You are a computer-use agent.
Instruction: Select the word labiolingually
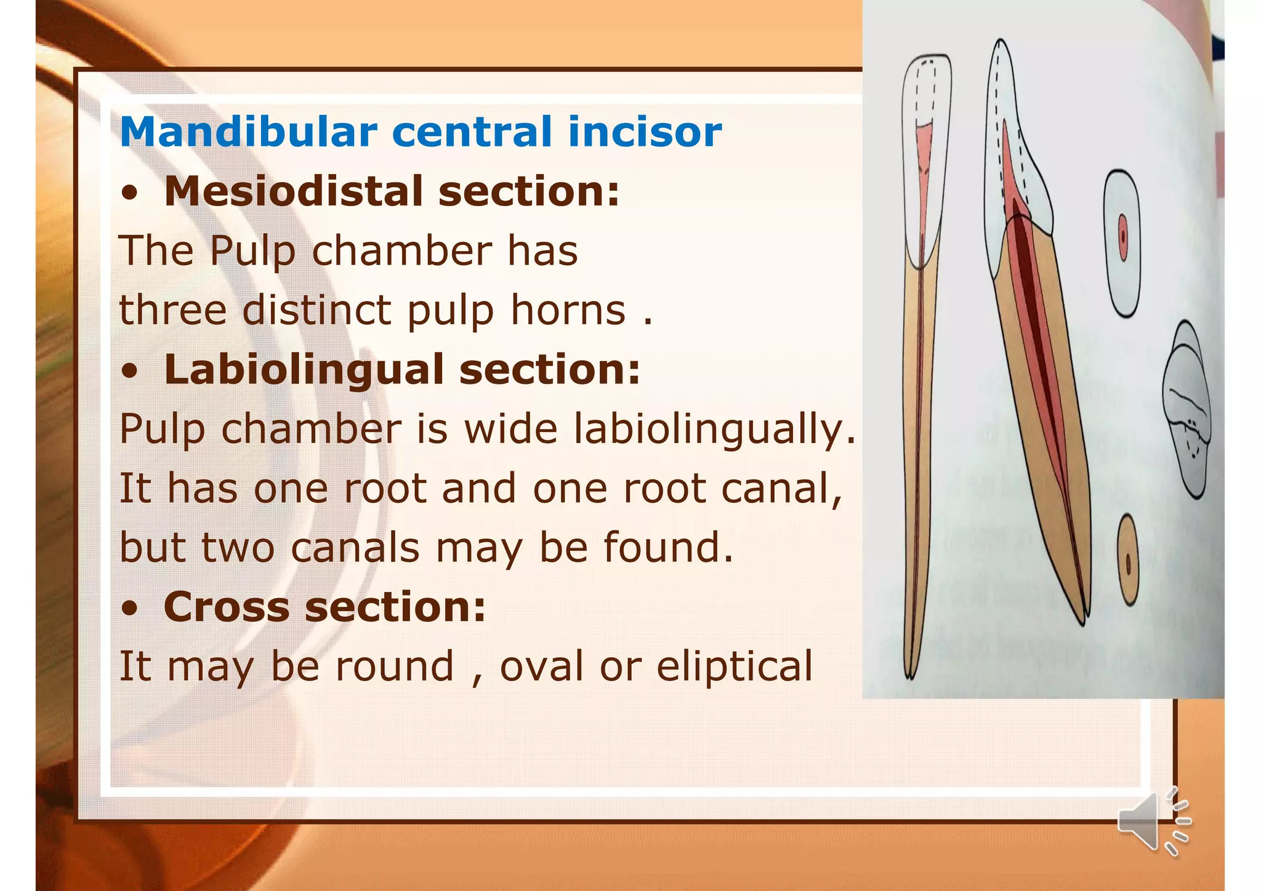714,428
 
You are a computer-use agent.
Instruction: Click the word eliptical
734,666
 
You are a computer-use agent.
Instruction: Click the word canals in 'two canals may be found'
355,548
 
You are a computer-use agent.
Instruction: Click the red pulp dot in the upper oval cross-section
1122,237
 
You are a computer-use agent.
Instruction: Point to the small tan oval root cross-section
1127,560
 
